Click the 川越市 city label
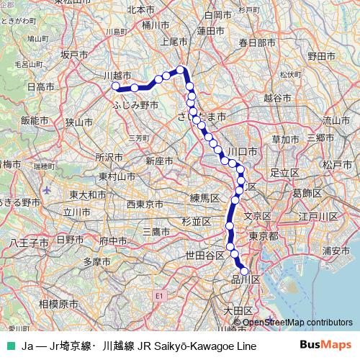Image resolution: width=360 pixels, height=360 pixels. point(117,75)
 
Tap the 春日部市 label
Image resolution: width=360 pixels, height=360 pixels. point(257,43)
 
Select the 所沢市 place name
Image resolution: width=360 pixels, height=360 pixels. point(109,157)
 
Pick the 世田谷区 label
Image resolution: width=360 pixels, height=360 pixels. point(205,255)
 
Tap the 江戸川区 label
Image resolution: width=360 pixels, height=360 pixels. point(318,216)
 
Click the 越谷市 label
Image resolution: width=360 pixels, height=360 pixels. point(278,96)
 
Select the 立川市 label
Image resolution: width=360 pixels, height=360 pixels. point(76,212)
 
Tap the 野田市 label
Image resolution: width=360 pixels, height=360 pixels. point(321,55)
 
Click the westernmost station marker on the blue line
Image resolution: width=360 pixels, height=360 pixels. point(115,86)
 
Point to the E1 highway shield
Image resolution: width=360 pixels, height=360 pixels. point(159,295)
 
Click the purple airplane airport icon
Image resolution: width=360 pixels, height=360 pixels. point(48,191)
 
